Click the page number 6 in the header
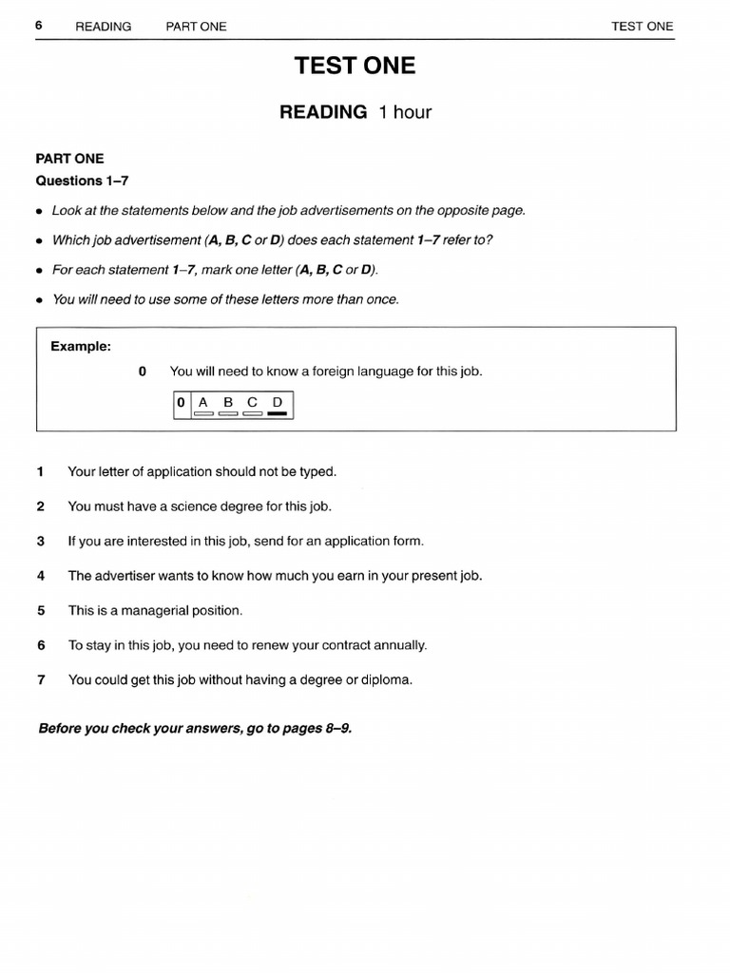point(39,26)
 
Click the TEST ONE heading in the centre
point(355,66)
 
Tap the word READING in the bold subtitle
point(322,112)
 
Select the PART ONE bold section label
point(69,159)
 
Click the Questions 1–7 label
point(82,181)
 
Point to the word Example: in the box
point(81,347)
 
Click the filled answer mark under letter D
point(278,414)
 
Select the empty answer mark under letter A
point(203,414)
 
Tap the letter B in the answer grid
point(228,402)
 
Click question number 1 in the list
point(40,471)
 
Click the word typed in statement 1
point(317,471)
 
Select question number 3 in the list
point(40,541)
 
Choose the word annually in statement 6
point(401,645)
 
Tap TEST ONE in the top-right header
point(642,26)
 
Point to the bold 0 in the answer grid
point(181,403)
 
